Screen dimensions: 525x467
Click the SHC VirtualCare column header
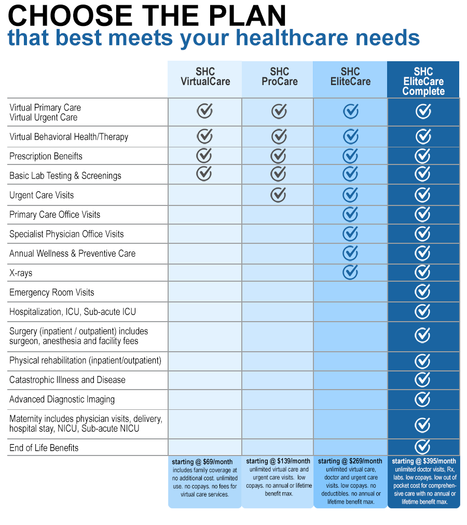click(x=205, y=77)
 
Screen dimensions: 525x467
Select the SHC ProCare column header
click(x=280, y=77)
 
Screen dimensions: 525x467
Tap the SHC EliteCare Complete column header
click(x=423, y=81)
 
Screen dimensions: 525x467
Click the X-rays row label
click(x=21, y=273)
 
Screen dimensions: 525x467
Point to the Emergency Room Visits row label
click(x=52, y=293)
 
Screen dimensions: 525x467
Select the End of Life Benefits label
click(x=44, y=448)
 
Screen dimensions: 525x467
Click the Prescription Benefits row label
click(x=46, y=156)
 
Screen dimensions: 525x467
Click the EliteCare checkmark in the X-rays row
click(x=351, y=271)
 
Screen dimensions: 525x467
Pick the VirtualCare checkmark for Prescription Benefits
click(x=204, y=155)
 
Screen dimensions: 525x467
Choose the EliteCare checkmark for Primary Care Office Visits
click(x=351, y=213)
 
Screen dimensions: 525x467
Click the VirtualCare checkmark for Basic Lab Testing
click(x=204, y=174)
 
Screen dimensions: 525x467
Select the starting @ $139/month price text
click(x=278, y=461)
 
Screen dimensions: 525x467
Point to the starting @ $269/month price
click(x=350, y=461)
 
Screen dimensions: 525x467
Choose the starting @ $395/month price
click(x=424, y=461)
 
